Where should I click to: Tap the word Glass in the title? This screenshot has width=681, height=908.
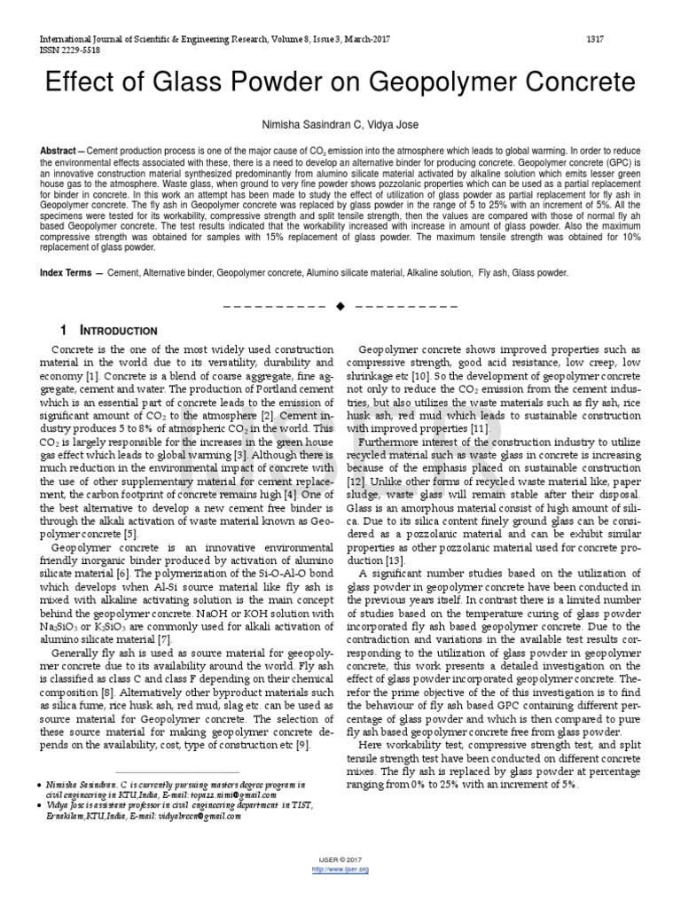[x=200, y=84]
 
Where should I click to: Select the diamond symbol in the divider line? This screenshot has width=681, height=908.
[x=340, y=306]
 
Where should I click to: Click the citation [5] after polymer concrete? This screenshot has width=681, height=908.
[x=131, y=535]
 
